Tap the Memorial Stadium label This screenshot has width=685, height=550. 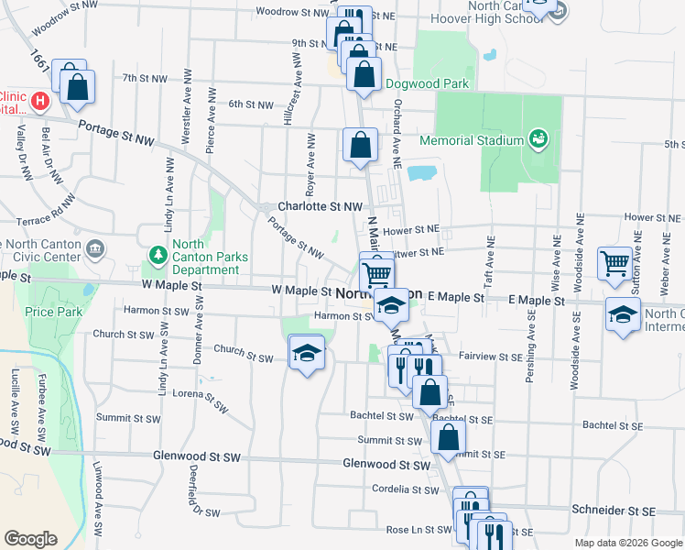pyautogui.click(x=472, y=140)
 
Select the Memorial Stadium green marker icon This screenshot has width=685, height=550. pyautogui.click(x=538, y=139)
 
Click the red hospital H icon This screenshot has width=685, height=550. pyautogui.click(x=39, y=100)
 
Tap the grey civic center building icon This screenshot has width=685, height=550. pyautogui.click(x=94, y=248)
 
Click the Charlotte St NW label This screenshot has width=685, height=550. pyautogui.click(x=321, y=207)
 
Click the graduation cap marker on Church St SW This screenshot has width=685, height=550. pyautogui.click(x=308, y=352)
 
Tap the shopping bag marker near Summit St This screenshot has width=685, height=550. pyautogui.click(x=448, y=436)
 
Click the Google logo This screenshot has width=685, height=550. pyautogui.click(x=30, y=539)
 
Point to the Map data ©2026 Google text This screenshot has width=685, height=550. pyautogui.click(x=628, y=543)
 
